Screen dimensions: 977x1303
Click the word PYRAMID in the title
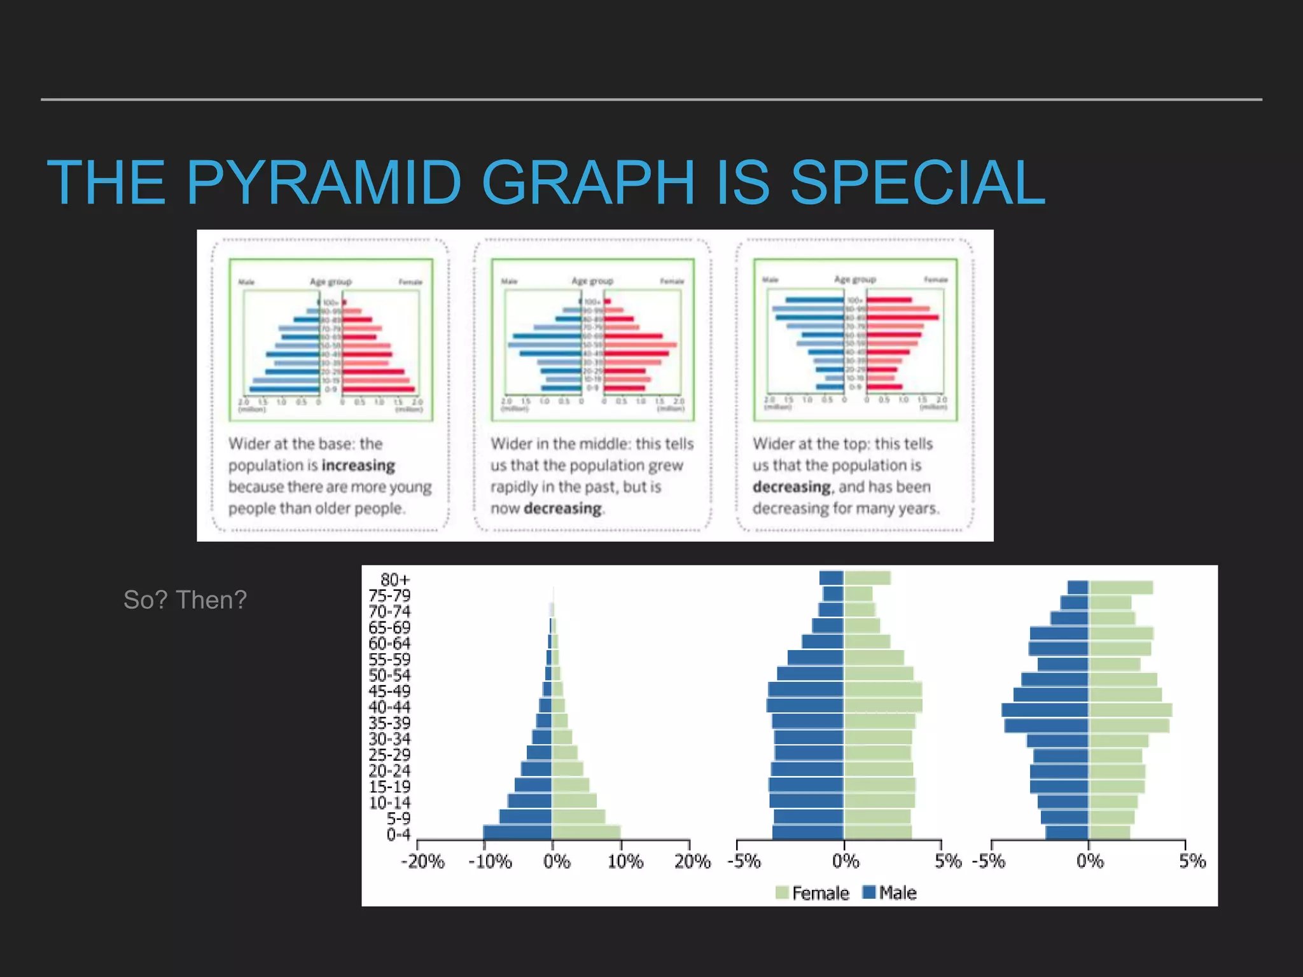click(323, 183)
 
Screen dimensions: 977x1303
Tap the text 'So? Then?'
click(185, 600)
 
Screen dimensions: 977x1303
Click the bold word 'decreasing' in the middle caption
click(562, 509)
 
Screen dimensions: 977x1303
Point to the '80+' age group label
click(395, 579)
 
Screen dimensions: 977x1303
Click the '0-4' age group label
click(398, 835)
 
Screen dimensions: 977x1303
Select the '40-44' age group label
click(389, 707)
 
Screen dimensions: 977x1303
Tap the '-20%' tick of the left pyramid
click(422, 861)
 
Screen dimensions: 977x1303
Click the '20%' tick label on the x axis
click(692, 861)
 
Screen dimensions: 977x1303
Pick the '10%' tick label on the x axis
click(625, 861)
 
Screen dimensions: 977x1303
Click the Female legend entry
click(812, 893)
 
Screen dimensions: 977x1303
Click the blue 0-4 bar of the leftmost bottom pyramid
click(517, 831)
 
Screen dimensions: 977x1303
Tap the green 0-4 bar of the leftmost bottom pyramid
click(586, 831)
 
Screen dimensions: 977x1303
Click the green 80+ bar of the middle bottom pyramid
click(867, 578)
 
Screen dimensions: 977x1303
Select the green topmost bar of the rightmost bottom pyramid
click(1121, 587)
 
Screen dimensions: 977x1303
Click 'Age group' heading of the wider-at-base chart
click(330, 281)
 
